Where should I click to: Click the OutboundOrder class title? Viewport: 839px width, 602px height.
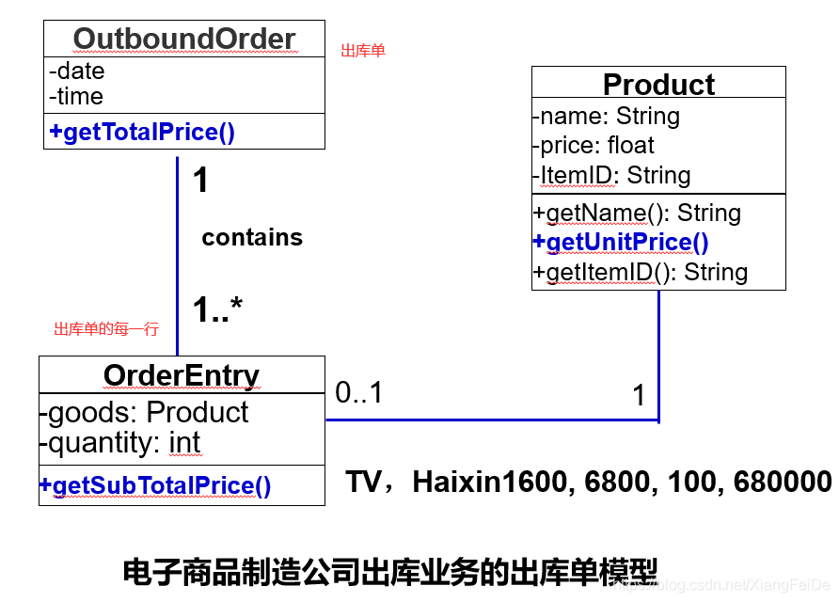point(184,39)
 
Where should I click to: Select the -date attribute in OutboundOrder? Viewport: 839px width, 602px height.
point(77,71)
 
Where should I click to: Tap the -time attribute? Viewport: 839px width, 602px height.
point(76,96)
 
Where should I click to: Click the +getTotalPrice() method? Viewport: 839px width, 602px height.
point(142,132)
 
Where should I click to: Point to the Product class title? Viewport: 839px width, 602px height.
point(658,85)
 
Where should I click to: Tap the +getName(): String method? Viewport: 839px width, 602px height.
point(637,214)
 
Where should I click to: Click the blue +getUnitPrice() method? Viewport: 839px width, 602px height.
point(621,243)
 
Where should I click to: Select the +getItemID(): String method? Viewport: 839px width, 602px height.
point(641,273)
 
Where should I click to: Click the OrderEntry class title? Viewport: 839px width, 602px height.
point(182,375)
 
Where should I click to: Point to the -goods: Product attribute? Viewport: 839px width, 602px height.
point(144,412)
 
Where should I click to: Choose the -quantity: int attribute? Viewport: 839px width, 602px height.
point(119,442)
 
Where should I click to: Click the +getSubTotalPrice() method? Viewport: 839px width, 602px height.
point(155,486)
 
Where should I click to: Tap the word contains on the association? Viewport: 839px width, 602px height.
point(252,237)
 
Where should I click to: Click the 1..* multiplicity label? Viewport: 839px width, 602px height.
point(218,309)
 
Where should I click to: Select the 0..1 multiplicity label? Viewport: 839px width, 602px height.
point(359,392)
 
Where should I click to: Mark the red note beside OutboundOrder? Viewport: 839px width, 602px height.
point(363,51)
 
